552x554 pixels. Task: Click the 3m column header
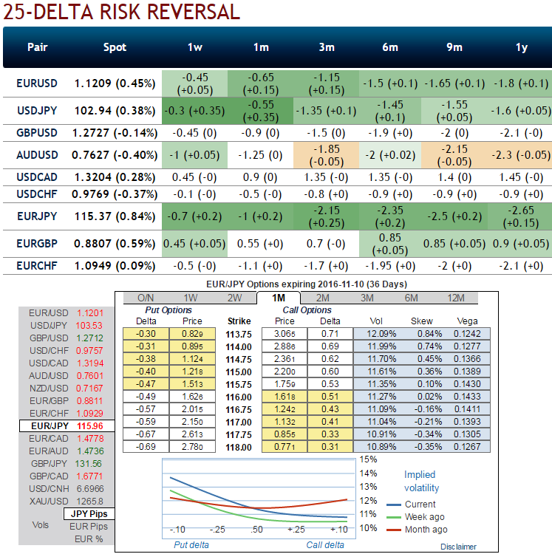(x=326, y=47)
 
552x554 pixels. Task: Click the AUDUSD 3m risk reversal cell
(x=326, y=155)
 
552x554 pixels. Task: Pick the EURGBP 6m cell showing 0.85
(x=389, y=243)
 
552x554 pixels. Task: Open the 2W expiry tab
(x=236, y=298)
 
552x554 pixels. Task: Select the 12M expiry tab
(x=456, y=298)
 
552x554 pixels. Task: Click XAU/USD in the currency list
(x=50, y=501)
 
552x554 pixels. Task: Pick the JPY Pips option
(x=88, y=513)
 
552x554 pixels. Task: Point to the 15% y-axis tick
(x=368, y=459)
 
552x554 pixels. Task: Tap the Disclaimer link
(x=458, y=547)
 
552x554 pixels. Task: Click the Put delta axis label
(x=191, y=544)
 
